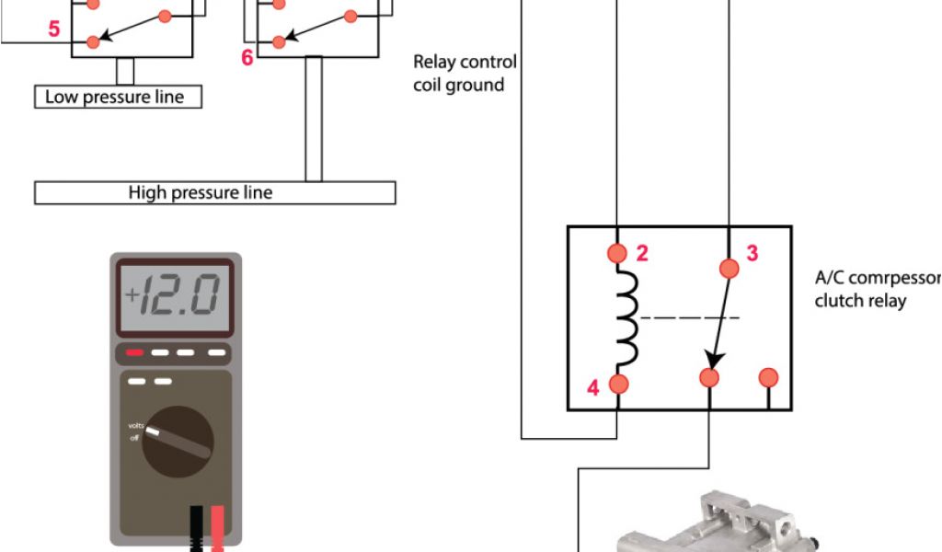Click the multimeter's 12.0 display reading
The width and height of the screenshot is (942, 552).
[x=174, y=295]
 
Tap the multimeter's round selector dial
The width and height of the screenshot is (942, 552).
[x=178, y=442]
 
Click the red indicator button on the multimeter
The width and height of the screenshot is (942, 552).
[x=134, y=351]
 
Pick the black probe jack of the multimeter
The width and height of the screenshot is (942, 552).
[x=196, y=530]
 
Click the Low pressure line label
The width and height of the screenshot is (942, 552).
[x=115, y=97]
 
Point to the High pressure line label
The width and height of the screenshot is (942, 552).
[x=201, y=192]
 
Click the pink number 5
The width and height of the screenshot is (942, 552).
[x=54, y=29]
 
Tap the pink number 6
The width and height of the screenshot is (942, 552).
[x=247, y=57]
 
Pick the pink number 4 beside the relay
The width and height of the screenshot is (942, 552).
[x=592, y=388]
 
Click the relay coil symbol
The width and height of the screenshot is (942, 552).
[x=626, y=317]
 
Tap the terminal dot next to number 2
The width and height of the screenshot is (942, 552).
[x=618, y=253]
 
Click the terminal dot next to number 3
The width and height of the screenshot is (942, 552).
[x=729, y=268]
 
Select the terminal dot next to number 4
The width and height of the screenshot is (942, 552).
[x=618, y=384]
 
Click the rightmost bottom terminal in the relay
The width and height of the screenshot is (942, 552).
[x=768, y=377]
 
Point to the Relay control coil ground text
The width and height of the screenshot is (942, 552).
[x=464, y=74]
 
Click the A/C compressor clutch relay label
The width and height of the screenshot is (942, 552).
[x=874, y=288]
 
